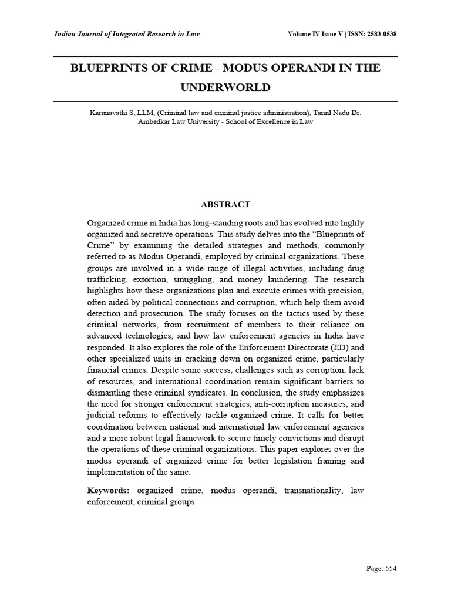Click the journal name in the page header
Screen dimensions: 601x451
127,34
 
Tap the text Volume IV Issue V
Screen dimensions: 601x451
317,34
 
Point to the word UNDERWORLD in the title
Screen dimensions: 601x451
225,87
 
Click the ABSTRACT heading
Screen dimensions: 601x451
225,205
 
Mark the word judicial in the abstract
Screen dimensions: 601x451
102,415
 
